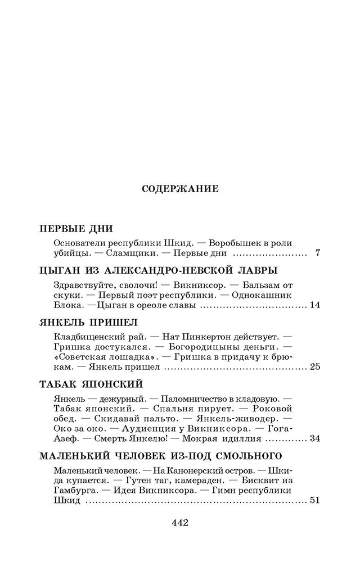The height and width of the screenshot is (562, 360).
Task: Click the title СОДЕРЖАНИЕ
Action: tap(180, 189)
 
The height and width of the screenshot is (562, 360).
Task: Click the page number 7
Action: tap(318, 253)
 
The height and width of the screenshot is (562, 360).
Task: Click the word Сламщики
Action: tap(130, 253)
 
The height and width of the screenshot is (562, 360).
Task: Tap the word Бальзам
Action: tap(259, 285)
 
